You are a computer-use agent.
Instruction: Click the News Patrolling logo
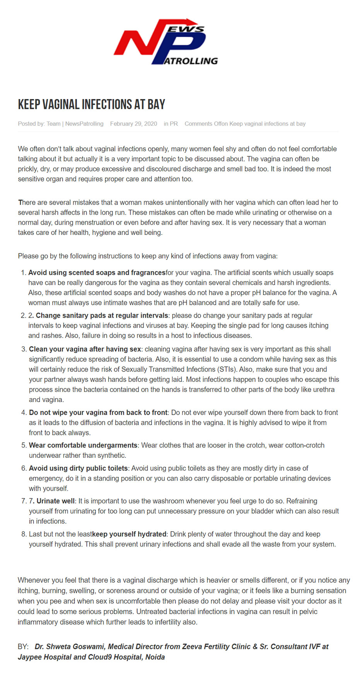coord(165,41)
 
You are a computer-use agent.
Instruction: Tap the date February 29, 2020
coord(133,124)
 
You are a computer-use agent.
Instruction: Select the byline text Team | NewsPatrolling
coord(75,124)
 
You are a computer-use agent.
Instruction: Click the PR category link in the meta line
coord(174,124)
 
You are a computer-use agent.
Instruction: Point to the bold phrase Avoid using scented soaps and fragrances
coord(97,273)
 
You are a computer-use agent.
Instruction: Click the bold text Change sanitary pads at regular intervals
coord(102,316)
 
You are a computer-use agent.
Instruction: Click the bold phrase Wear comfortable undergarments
coord(83,445)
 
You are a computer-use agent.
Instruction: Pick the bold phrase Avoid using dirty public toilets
coord(78,468)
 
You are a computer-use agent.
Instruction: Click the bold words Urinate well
coord(55,501)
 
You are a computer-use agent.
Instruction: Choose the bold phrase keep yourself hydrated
coord(129,534)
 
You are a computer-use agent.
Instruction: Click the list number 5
coord(24,445)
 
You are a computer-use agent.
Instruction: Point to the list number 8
coord(24,534)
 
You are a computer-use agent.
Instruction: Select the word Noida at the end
coord(155,657)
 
